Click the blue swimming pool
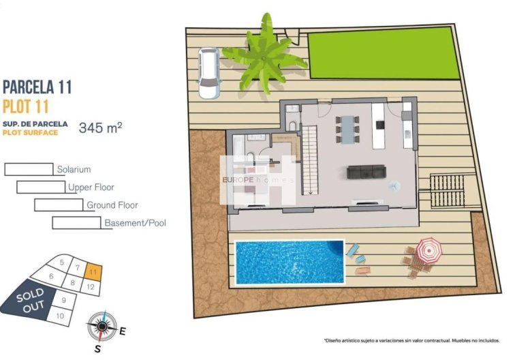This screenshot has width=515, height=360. [290, 261]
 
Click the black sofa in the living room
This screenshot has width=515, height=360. [366, 172]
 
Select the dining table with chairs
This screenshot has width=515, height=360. [347, 129]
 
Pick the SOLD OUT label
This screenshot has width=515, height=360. [30, 299]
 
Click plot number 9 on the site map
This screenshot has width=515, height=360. [63, 299]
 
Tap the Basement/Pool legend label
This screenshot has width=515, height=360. [135, 222]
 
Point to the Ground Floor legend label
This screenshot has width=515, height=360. [112, 205]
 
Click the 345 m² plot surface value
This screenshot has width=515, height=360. [100, 127]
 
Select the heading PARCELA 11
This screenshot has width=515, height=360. [37, 87]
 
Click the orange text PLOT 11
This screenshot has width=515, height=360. [28, 106]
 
